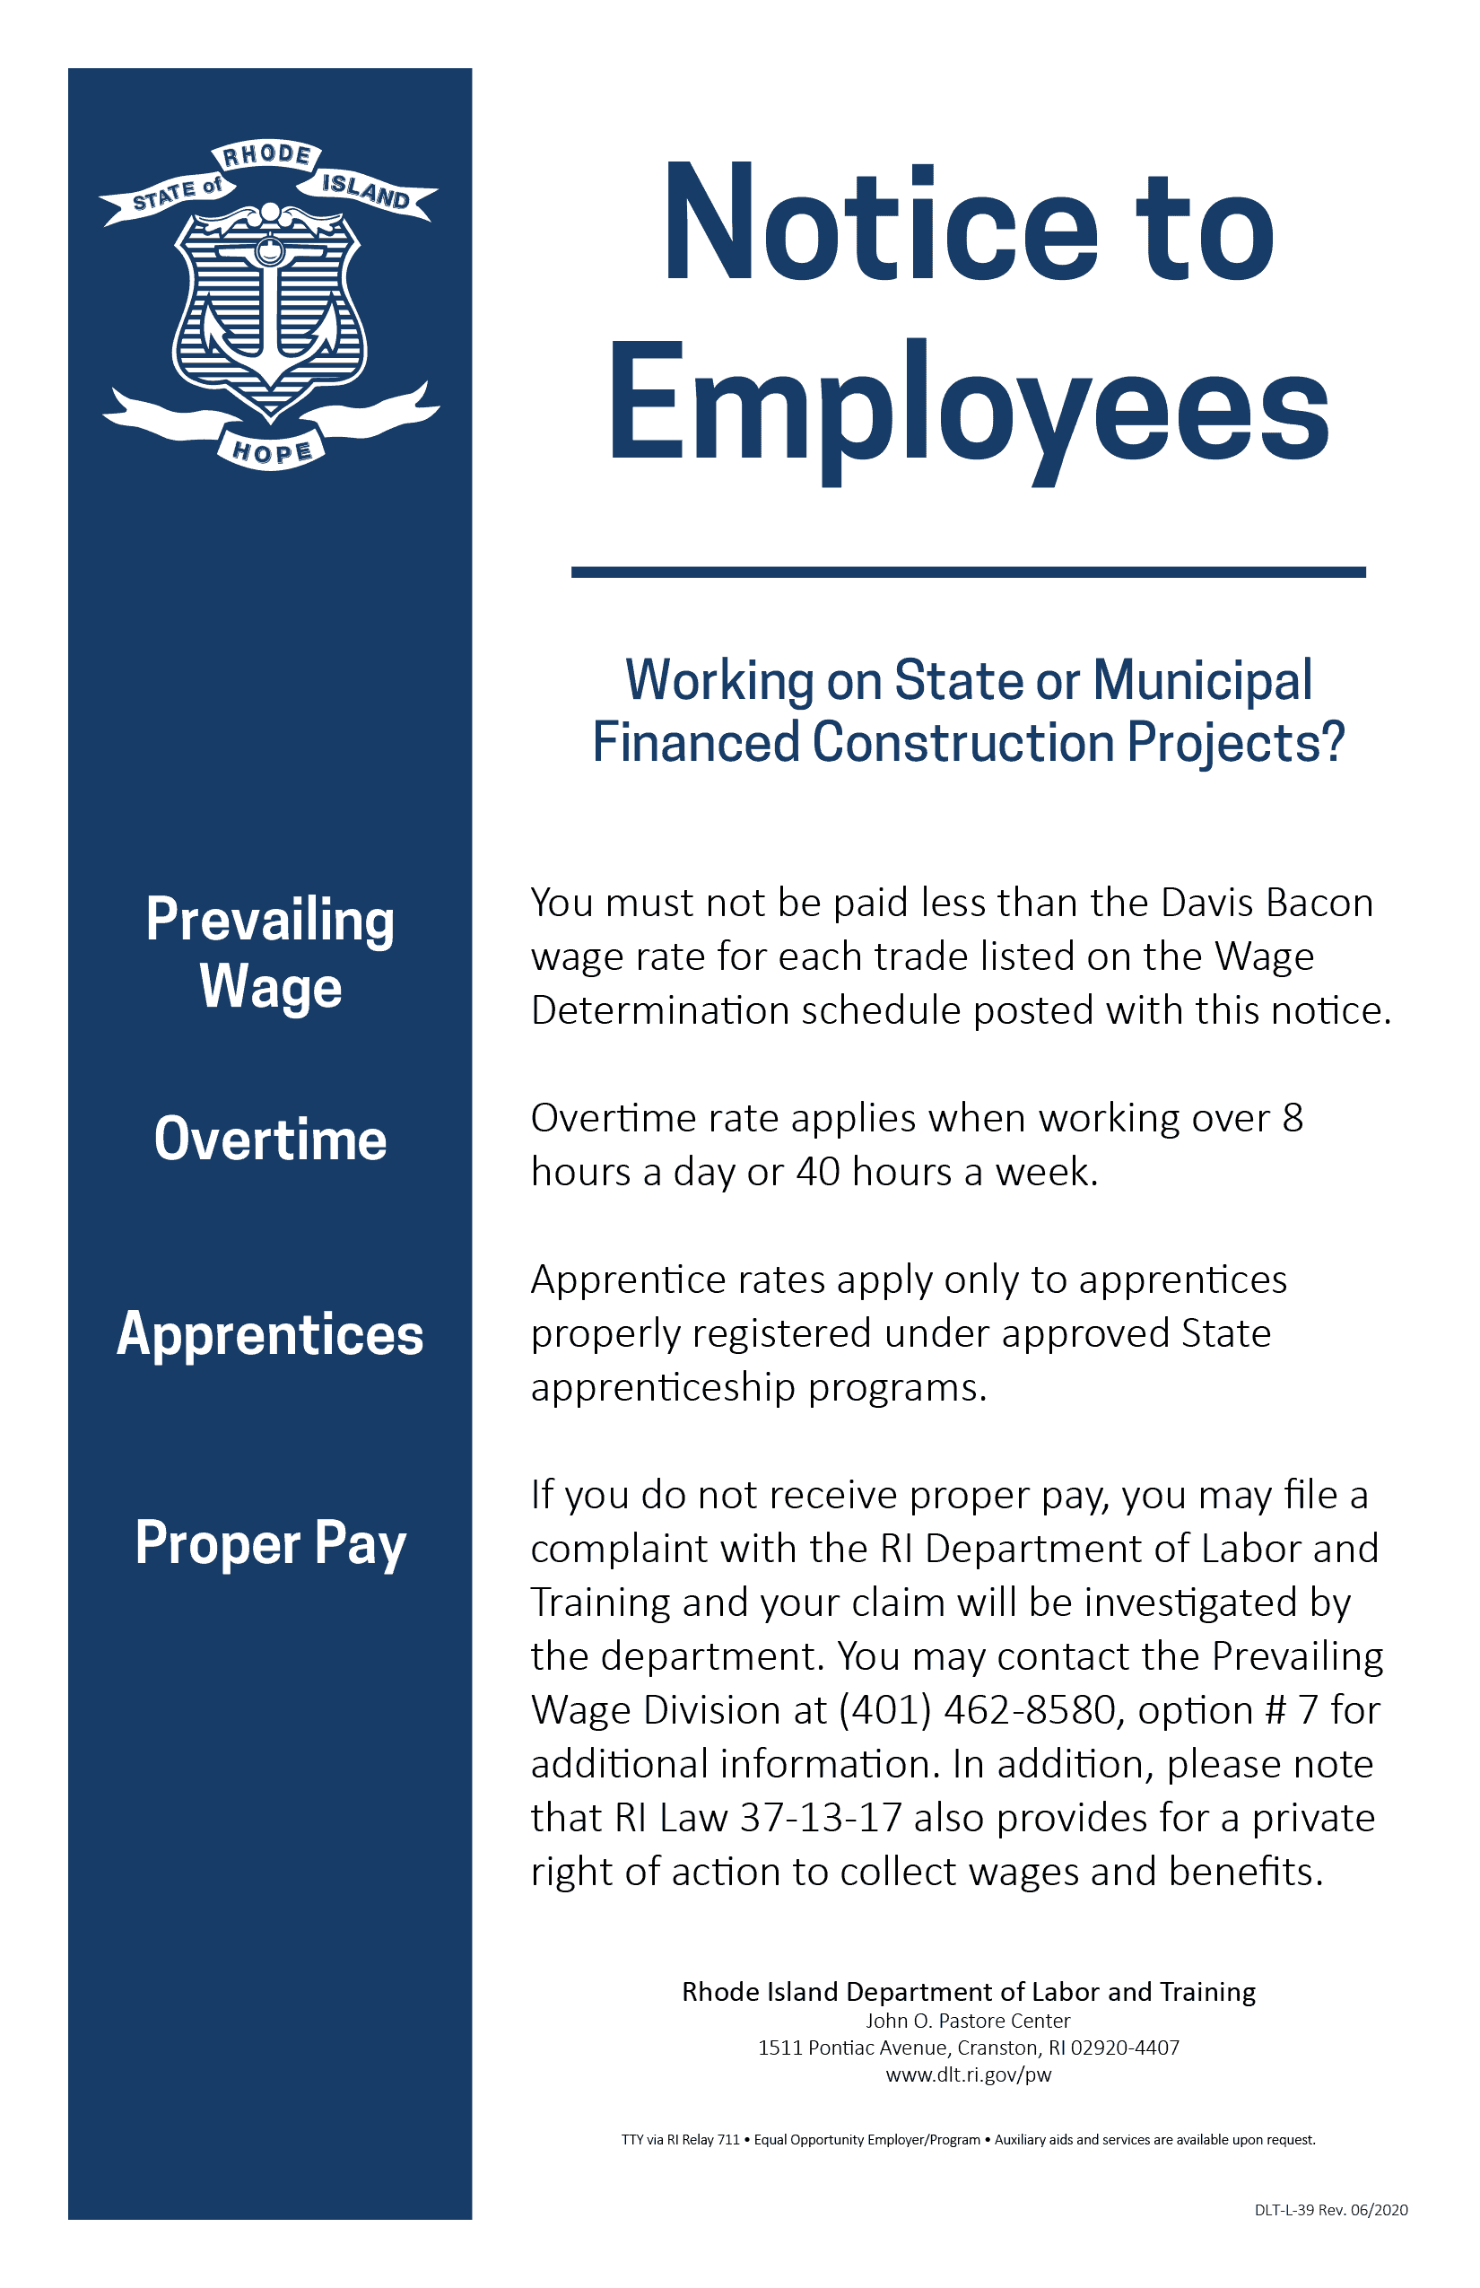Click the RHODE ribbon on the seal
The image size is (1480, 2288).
(x=266, y=154)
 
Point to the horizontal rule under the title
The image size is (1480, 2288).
(x=968, y=572)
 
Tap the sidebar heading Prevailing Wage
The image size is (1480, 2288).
(x=270, y=953)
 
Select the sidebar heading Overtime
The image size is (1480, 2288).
(x=270, y=1140)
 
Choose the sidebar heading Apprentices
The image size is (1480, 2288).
(x=270, y=1334)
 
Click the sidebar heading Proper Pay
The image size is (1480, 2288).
(x=270, y=1542)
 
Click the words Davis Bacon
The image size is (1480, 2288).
(x=1267, y=903)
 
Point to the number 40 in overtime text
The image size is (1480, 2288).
(x=818, y=1172)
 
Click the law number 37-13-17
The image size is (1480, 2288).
(x=821, y=1818)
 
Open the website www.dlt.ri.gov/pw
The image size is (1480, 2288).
(x=968, y=2074)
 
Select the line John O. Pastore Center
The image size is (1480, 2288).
(x=968, y=2021)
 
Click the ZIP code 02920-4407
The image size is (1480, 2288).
(x=1125, y=2048)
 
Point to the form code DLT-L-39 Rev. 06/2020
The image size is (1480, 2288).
(x=1330, y=2210)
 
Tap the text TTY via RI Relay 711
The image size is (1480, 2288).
(x=681, y=2140)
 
